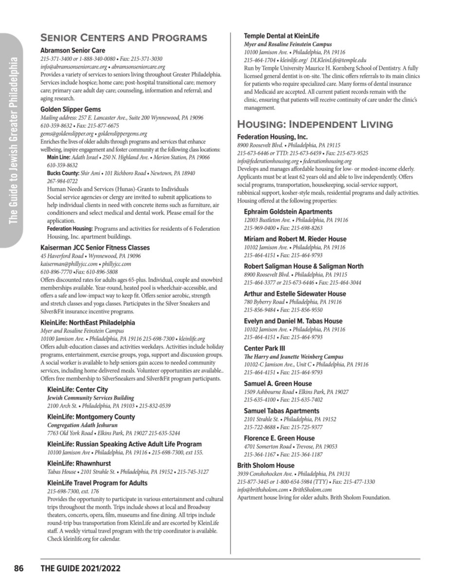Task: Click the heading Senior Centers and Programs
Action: click(124, 38)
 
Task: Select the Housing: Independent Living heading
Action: click(315, 124)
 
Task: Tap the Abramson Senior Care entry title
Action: click(72, 51)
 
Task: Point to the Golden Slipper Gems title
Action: click(71, 109)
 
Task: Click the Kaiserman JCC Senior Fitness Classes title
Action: click(95, 248)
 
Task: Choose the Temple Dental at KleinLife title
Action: click(278, 36)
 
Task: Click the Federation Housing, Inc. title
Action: click(272, 137)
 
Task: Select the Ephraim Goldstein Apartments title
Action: click(288, 212)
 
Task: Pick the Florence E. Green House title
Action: click(279, 438)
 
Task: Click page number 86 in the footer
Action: click(19, 568)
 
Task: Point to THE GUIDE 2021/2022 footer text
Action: click(80, 568)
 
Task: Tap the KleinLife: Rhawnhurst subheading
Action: click(79, 464)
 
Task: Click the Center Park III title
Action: click(265, 348)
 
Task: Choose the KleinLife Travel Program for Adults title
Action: click(97, 483)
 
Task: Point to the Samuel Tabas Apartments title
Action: click(282, 411)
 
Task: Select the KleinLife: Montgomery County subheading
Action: click(91, 417)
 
